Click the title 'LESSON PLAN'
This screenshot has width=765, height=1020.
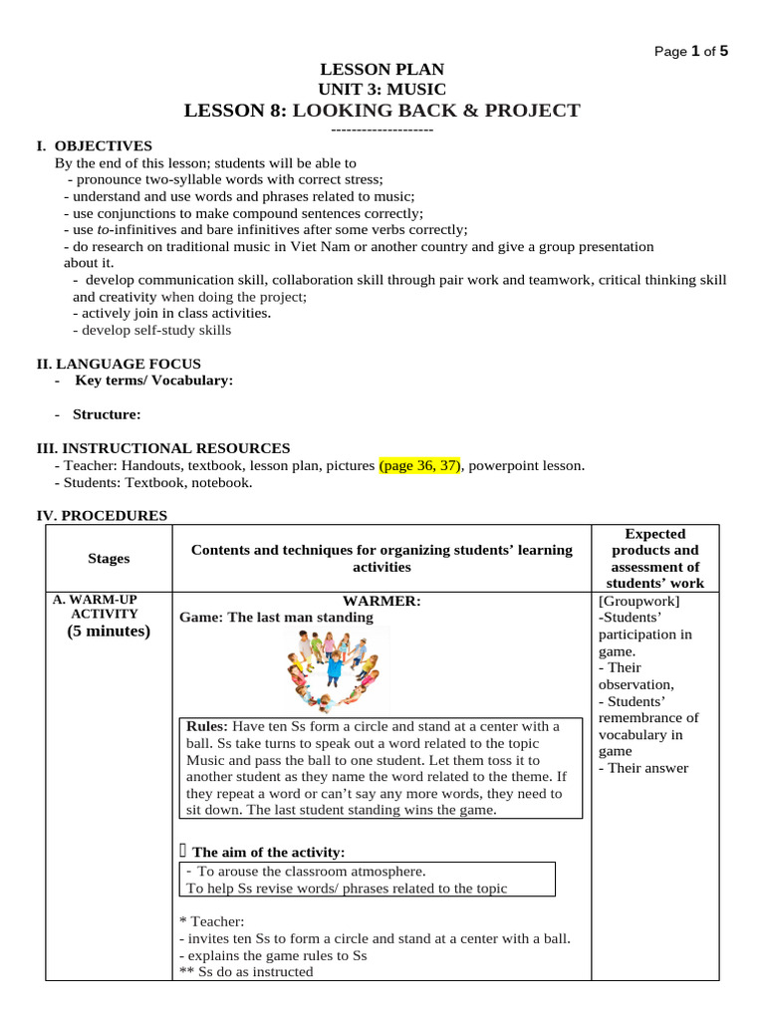tap(382, 69)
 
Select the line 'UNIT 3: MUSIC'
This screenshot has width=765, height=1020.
tap(382, 90)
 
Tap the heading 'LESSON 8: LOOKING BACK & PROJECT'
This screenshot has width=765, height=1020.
tap(382, 111)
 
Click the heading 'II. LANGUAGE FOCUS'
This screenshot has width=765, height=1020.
tap(119, 364)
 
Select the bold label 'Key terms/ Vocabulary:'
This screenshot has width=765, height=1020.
tap(154, 381)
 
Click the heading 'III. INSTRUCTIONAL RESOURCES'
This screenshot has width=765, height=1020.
tap(163, 448)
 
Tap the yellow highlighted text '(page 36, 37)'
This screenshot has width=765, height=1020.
tap(419, 465)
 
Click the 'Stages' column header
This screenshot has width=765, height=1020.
tap(109, 558)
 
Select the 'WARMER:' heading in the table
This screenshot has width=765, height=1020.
tap(382, 602)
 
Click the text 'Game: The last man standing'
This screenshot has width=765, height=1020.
tap(276, 618)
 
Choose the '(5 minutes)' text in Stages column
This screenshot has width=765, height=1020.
tap(109, 632)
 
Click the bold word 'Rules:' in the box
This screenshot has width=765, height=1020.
tap(208, 726)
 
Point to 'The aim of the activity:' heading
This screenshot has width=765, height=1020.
tap(269, 852)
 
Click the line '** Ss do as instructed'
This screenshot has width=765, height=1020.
tap(246, 971)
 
